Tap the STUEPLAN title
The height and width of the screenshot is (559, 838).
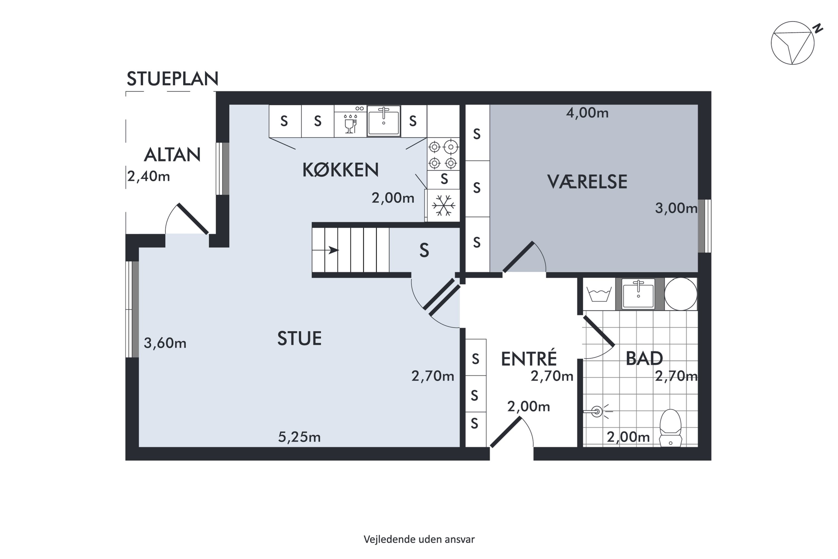pos(172,79)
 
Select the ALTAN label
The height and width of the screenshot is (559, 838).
pos(172,155)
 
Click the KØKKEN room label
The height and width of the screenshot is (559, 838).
pos(340,170)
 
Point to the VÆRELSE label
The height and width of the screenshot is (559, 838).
pos(587,182)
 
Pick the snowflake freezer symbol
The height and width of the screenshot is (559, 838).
pos(444,205)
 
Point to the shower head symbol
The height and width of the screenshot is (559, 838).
pos(598,412)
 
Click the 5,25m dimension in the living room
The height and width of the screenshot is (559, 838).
pos(299,437)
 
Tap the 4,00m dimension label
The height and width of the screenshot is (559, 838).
pos(587,113)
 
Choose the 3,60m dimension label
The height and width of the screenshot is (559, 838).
pos(165,343)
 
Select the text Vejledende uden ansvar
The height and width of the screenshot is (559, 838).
pos(419,539)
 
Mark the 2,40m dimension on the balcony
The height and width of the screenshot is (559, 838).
pos(149,176)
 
